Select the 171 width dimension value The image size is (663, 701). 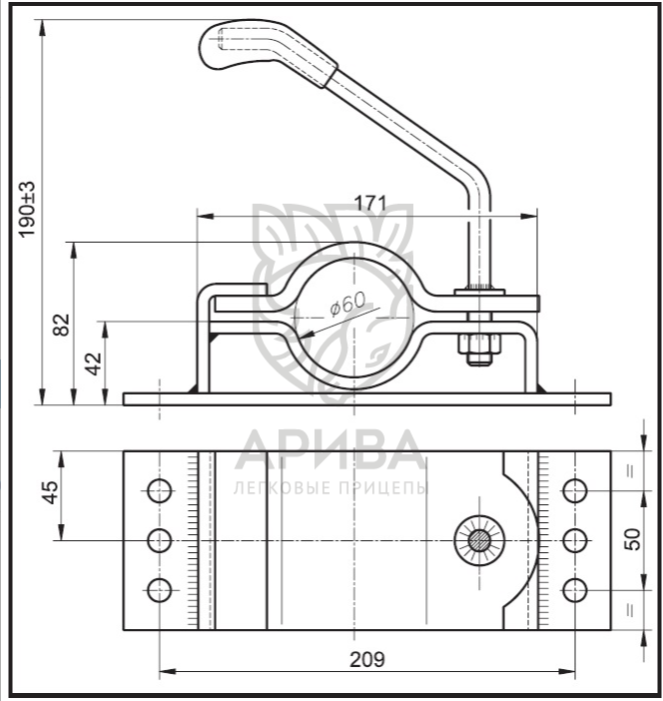(369, 203)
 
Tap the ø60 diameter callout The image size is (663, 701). (346, 306)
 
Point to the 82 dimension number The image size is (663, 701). (61, 325)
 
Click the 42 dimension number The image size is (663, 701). (92, 362)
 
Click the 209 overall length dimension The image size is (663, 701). (368, 658)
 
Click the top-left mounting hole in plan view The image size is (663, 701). (159, 490)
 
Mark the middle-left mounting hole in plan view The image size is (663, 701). (159, 540)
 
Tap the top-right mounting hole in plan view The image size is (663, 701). (573, 490)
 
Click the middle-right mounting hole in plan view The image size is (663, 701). (573, 540)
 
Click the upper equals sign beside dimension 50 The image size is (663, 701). (630, 470)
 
